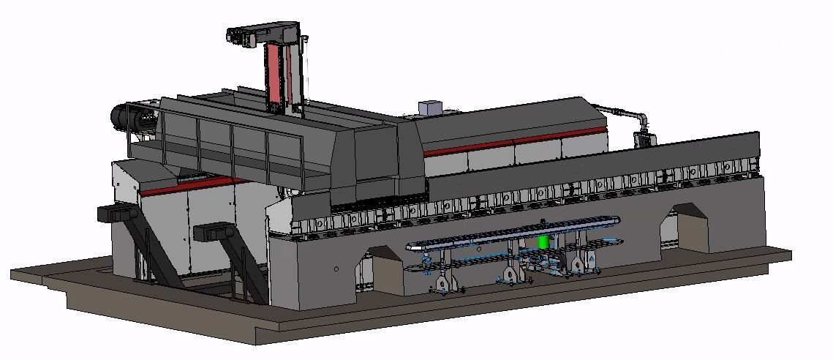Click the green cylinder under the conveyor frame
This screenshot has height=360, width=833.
coord(543,241)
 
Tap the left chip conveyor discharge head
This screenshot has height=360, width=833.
coord(113,214)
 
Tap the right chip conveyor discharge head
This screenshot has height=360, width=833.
coord(211,233)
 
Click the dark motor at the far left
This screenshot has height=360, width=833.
coord(121,116)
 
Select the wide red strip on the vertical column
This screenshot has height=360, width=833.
coord(274,77)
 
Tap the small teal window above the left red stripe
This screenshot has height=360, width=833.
coord(192,177)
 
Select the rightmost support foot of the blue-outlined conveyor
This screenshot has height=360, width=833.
coord(583,264)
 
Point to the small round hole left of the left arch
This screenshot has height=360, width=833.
coord(336,269)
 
